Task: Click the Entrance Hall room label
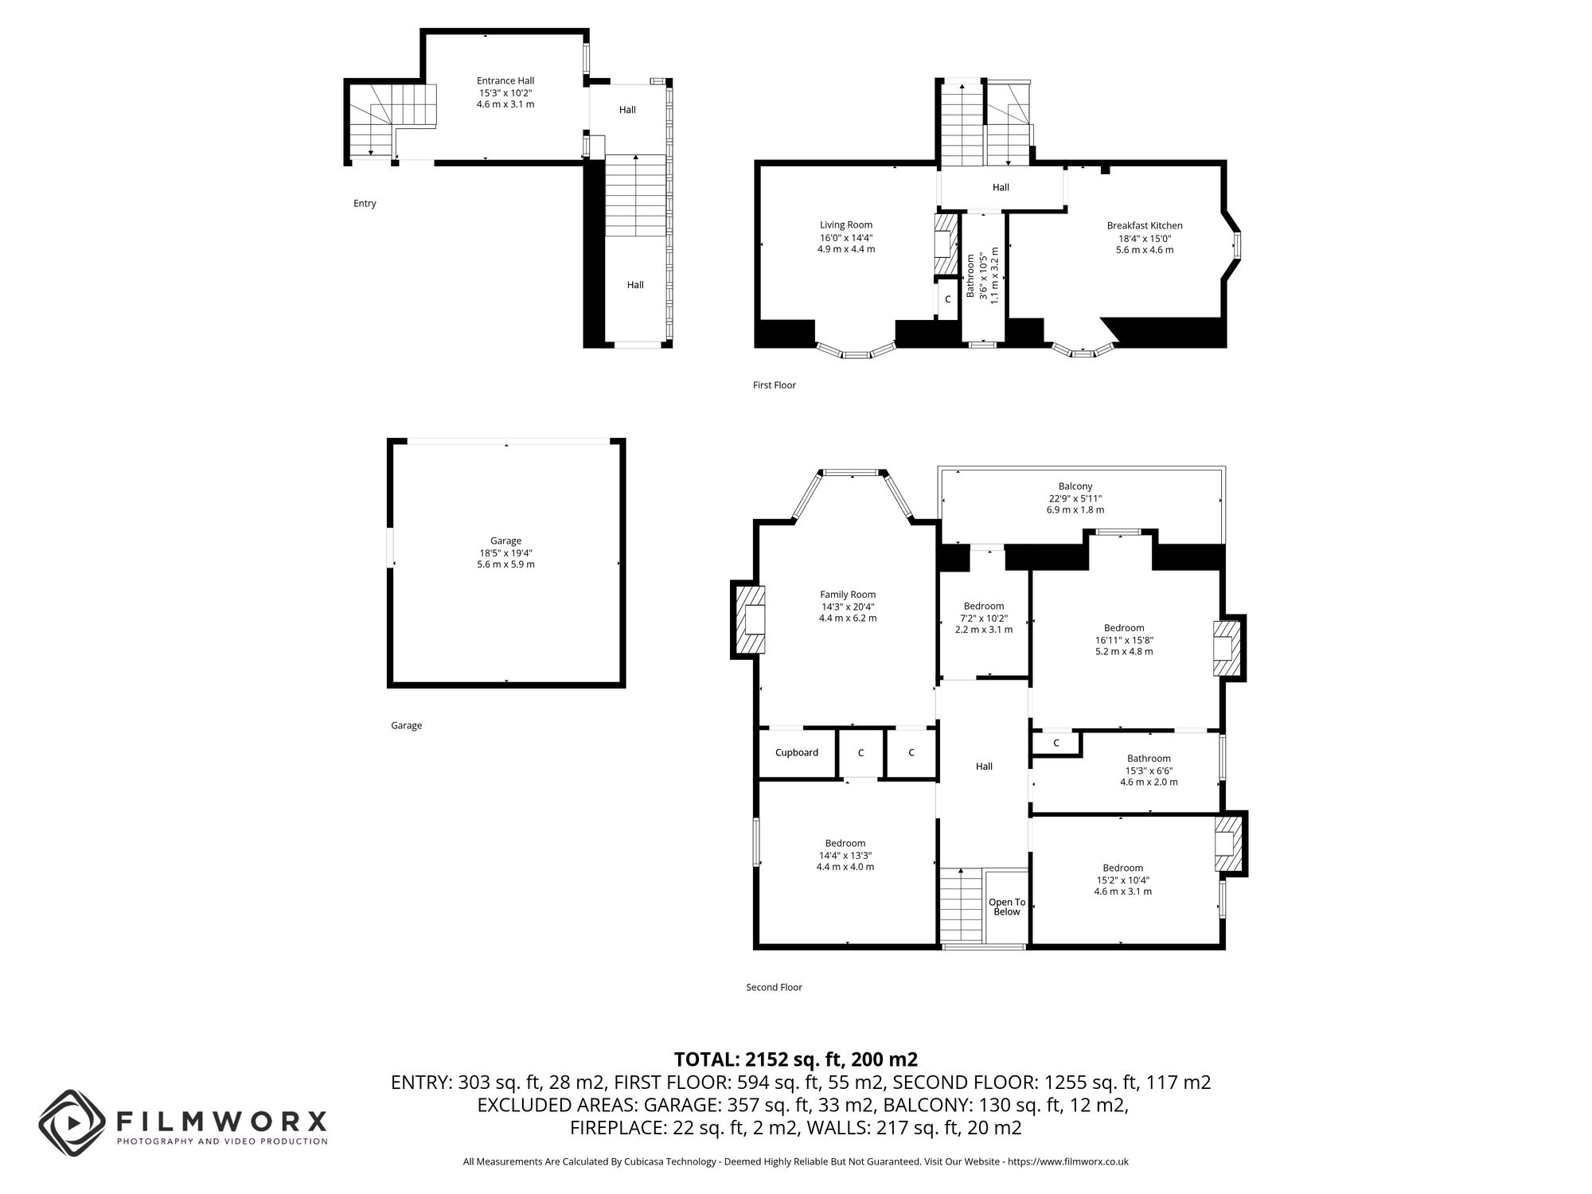coord(505,81)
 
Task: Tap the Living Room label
coord(846,225)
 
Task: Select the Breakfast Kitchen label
coord(1145,226)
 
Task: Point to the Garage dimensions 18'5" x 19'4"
coord(505,553)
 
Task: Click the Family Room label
coord(848,595)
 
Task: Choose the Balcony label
coord(1075,486)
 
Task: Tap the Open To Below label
coord(1007,907)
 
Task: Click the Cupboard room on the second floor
coord(797,753)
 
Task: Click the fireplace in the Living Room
coord(946,244)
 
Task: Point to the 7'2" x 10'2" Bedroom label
coord(984,607)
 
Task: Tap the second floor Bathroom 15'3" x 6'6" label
coord(1149,759)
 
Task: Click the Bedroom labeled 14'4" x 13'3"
coord(845,844)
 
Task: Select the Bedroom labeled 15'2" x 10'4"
coord(1122,868)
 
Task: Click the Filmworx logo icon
coord(72,1123)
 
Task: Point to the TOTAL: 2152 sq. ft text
coord(795,1059)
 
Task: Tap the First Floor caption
coord(774,385)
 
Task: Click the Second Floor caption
coord(774,988)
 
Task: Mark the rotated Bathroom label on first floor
coord(971,276)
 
